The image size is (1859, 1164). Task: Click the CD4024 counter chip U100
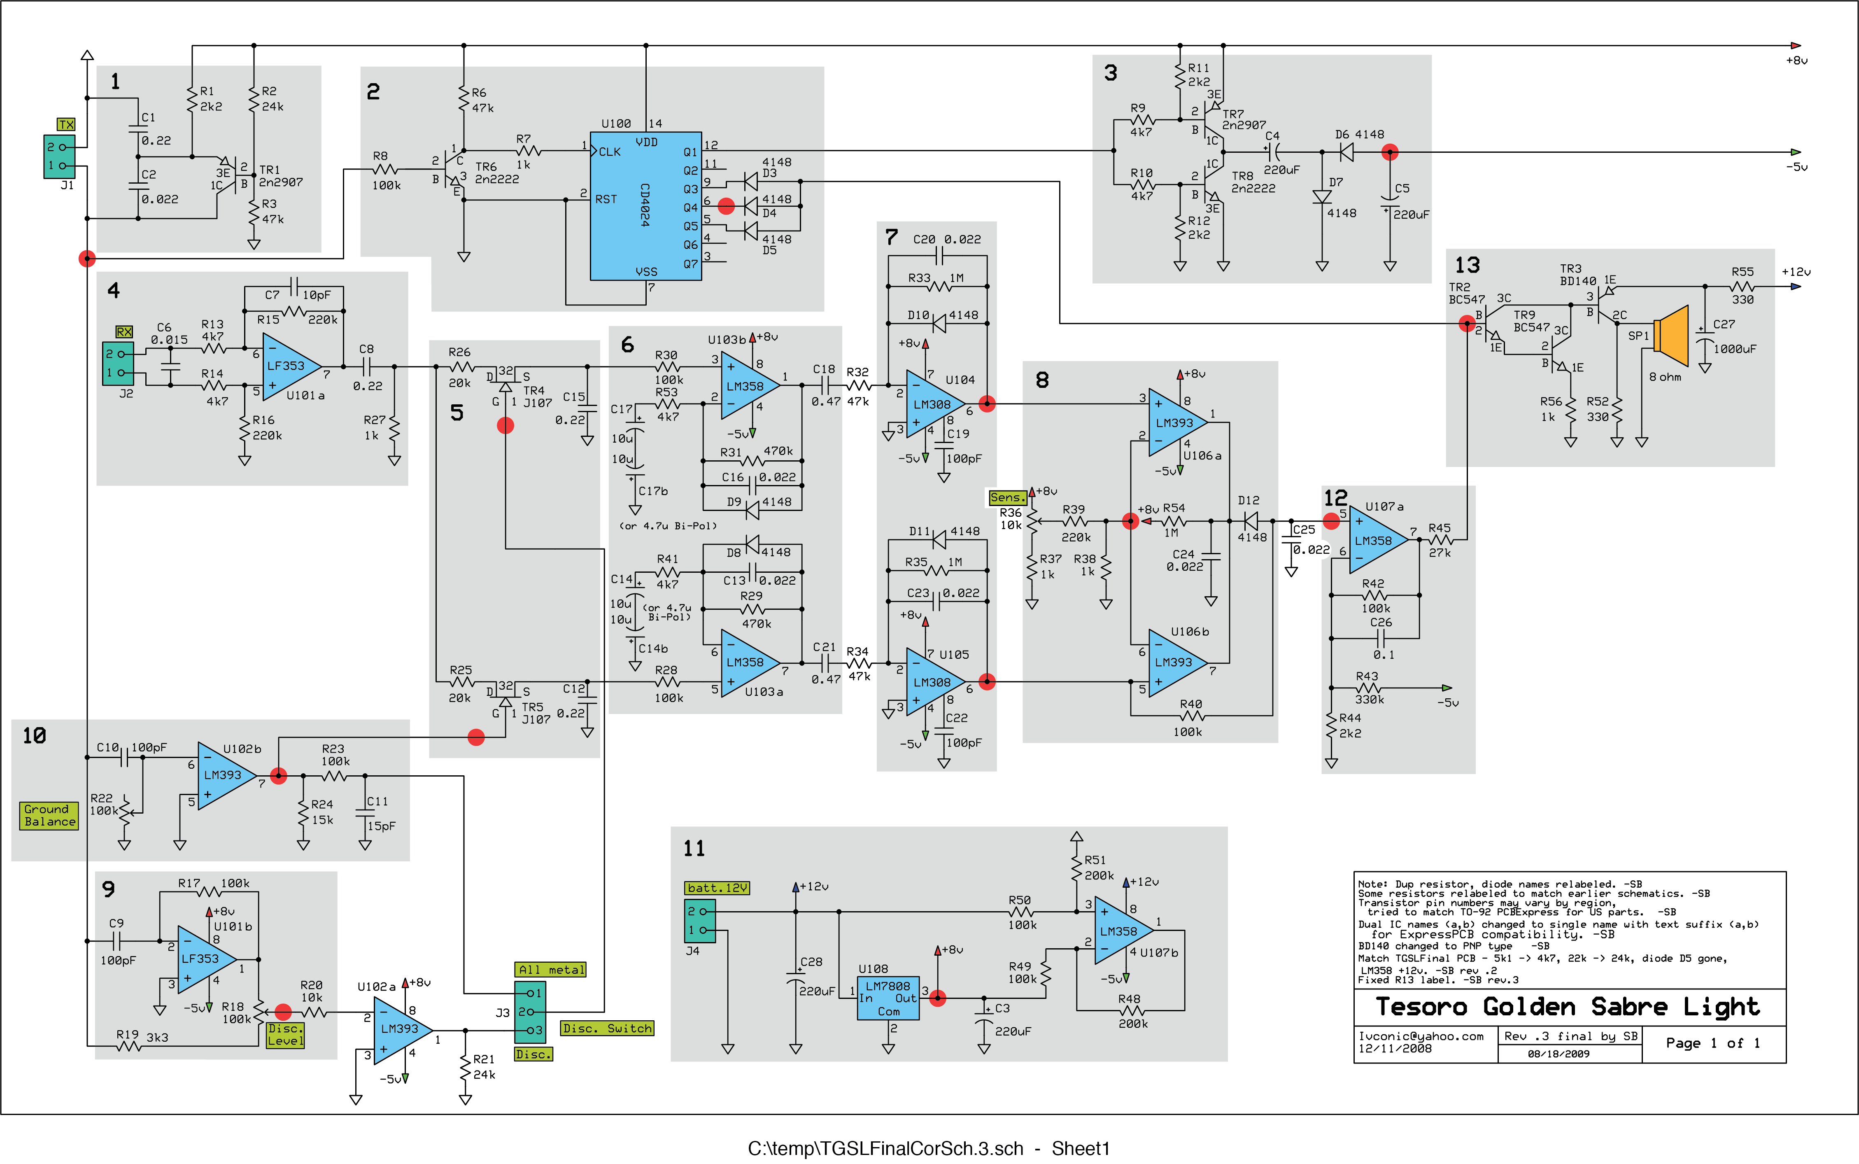click(x=645, y=206)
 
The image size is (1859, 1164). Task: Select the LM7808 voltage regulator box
click(x=888, y=998)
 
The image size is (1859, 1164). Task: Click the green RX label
click(x=124, y=332)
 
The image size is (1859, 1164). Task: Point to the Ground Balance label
click(x=49, y=815)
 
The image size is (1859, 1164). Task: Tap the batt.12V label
click(x=717, y=888)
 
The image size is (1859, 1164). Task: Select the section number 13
click(x=1468, y=266)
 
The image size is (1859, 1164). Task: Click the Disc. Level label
click(x=285, y=1035)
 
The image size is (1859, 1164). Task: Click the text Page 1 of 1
click(x=1713, y=1043)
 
